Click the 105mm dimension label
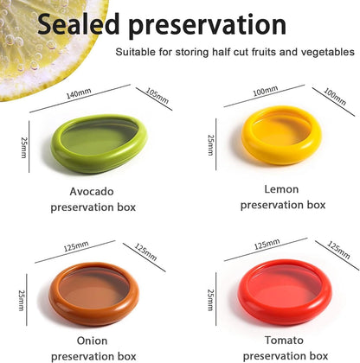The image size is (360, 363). point(157,93)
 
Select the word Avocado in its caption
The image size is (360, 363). point(93,190)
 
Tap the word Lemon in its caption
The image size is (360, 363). point(282,188)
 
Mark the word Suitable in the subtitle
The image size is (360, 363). point(136,52)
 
